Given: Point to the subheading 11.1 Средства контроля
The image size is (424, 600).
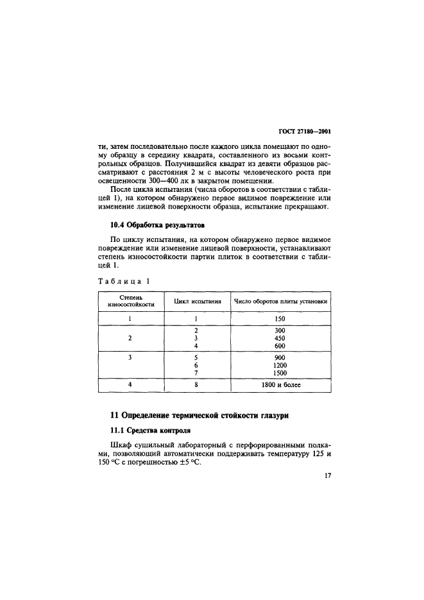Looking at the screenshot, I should point(146,430).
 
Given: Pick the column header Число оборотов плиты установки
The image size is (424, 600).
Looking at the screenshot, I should point(280,300).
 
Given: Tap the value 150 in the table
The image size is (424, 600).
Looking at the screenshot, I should point(279,318).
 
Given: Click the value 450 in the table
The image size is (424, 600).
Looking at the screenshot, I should point(279,338).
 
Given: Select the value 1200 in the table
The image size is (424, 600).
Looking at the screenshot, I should point(279,365).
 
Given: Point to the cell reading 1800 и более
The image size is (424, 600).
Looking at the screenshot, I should point(279,385).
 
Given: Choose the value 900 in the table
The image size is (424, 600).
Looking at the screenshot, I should point(279,357).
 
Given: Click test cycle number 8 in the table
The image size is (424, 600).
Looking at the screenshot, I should point(195,385).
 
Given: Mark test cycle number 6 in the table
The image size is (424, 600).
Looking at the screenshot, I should point(195,365).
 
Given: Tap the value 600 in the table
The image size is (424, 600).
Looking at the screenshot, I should point(279,346).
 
